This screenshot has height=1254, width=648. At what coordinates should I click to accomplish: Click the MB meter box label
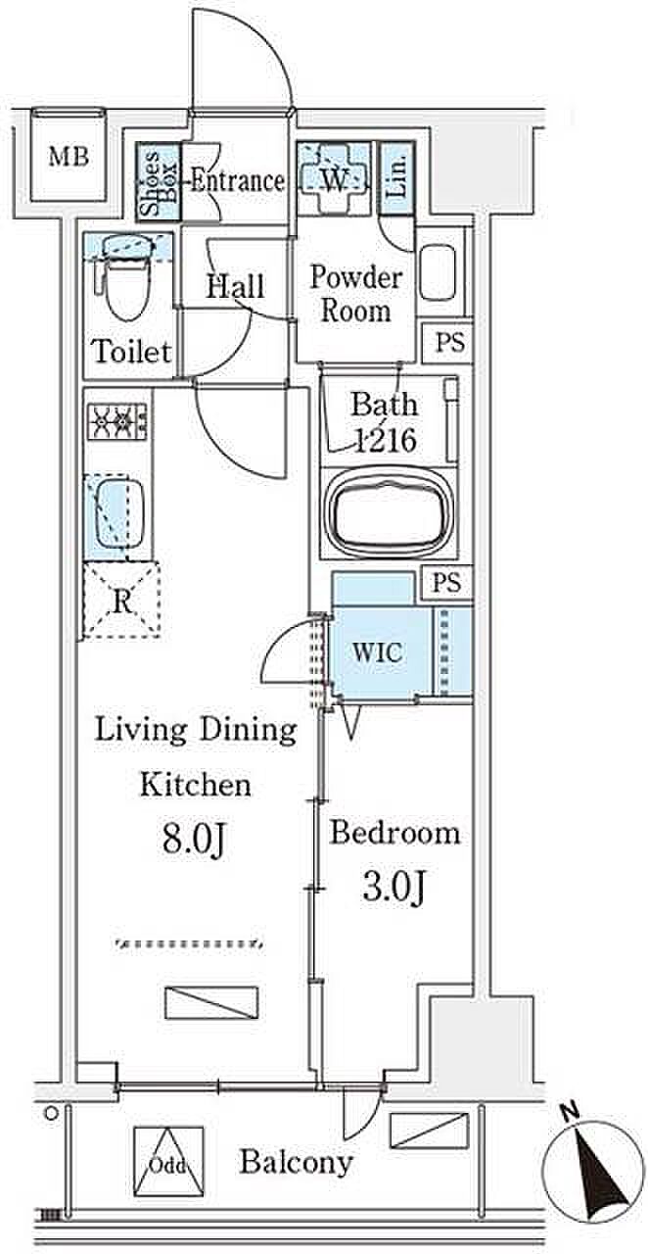[x=69, y=157]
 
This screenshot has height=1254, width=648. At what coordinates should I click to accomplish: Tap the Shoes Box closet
[x=159, y=182]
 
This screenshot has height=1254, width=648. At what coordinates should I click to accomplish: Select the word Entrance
[x=237, y=181]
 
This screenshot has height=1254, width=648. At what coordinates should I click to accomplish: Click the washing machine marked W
[x=334, y=178]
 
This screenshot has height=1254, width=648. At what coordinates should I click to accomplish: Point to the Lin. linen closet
[x=396, y=178]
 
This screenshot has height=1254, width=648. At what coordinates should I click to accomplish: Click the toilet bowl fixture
[x=125, y=275]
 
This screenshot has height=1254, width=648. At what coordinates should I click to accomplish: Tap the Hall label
[x=235, y=286]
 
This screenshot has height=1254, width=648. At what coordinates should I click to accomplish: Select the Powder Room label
[x=356, y=293]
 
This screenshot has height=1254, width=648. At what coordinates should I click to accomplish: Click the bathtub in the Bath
[x=390, y=512]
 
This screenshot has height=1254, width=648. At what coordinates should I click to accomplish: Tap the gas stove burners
[x=117, y=420]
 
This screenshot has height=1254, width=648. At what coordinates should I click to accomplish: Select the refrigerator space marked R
[x=122, y=602]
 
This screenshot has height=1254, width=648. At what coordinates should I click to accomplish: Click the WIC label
[x=377, y=652]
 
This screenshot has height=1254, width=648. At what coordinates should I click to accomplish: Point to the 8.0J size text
[x=193, y=840]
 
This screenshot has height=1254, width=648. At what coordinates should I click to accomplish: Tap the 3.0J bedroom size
[x=393, y=887]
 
